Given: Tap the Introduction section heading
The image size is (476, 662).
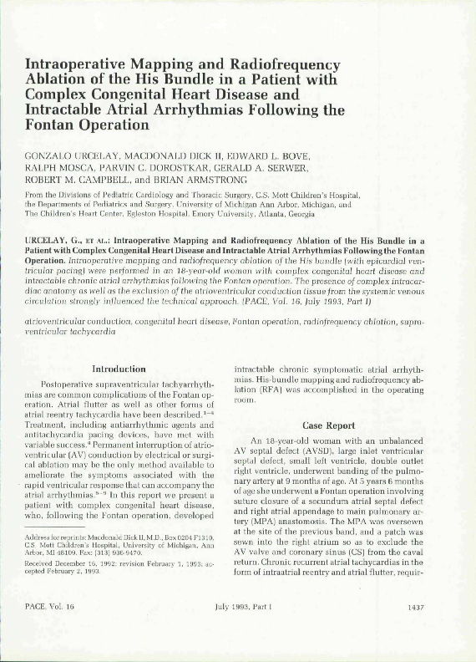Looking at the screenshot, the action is point(118,369).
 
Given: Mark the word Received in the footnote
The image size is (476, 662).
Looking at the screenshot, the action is point(39,588).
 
